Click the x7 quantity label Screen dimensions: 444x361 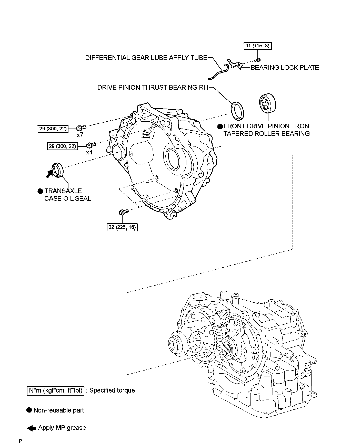pyautogui.click(x=80, y=134)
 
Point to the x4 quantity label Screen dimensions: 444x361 pyautogui.click(x=89, y=152)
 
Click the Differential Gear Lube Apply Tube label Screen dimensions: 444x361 pyautogui.click(x=146, y=58)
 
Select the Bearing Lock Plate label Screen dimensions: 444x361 pyautogui.click(x=285, y=68)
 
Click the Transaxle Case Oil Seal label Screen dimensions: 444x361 pyautogui.click(x=67, y=195)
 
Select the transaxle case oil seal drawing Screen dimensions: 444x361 pyautogui.click(x=58, y=170)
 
